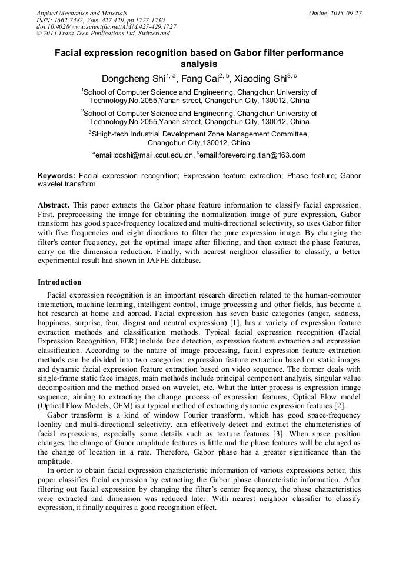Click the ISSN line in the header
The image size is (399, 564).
(x=101, y=20)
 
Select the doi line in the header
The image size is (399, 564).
(x=107, y=27)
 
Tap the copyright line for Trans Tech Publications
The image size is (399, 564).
(x=103, y=34)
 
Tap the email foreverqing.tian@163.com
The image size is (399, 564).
(x=253, y=155)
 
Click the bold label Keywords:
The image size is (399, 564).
(x=56, y=175)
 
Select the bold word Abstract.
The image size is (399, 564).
(x=54, y=205)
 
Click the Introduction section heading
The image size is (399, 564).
(x=59, y=282)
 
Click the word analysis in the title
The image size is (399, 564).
(x=199, y=64)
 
